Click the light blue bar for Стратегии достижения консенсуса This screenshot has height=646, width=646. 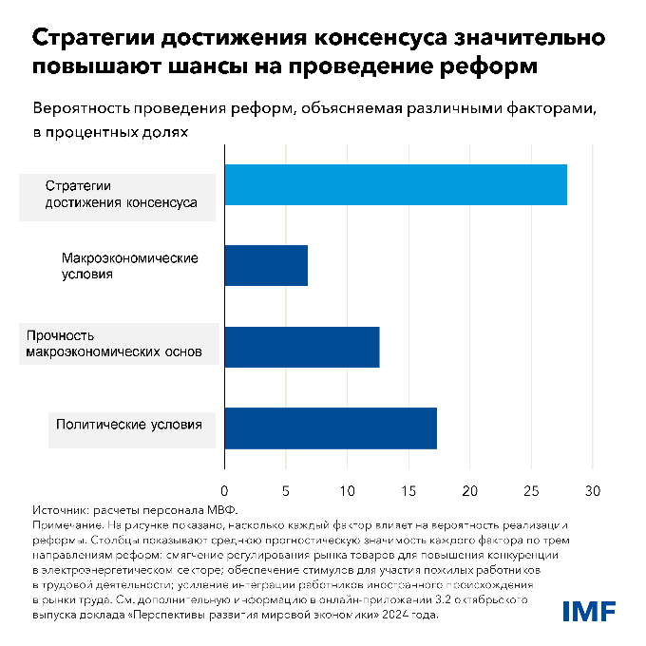395,184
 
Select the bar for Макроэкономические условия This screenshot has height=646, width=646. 266,265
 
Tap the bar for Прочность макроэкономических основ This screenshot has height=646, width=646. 302,347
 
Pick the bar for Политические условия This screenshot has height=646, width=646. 331,428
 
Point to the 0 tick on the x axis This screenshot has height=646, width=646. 224,490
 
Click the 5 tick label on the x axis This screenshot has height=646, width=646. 286,490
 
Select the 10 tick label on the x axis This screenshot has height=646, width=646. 347,490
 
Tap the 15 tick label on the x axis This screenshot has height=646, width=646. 408,490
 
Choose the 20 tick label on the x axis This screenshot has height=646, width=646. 469,490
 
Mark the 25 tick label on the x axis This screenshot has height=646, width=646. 531,490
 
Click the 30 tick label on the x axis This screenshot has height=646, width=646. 593,490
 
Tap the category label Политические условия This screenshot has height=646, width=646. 129,425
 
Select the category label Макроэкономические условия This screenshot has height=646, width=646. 129,266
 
